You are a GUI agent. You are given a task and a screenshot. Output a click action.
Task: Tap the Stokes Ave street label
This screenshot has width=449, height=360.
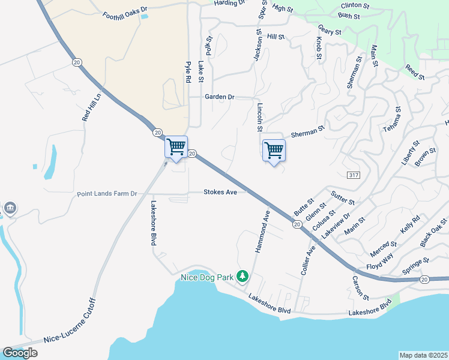[220, 192]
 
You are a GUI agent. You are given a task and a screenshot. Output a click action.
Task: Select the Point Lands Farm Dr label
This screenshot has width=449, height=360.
[107, 194]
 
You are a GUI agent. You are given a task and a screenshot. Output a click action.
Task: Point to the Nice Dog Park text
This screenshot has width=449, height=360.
[207, 278]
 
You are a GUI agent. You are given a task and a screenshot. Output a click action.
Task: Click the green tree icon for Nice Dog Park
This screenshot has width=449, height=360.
[243, 277]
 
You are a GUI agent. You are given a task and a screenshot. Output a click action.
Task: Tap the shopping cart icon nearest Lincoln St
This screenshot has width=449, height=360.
[274, 149]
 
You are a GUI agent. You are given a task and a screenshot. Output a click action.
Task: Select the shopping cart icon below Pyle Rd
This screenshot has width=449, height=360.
[176, 146]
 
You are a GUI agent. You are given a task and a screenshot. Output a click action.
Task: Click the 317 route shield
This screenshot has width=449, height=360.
[353, 174]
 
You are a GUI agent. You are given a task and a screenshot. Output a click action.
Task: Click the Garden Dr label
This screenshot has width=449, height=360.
[219, 97]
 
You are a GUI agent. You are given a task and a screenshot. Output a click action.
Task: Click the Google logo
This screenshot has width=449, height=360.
[20, 353]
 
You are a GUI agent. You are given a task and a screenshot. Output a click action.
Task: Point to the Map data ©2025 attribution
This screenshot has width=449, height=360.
[424, 355]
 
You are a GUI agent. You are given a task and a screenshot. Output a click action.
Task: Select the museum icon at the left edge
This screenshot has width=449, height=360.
[10, 208]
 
